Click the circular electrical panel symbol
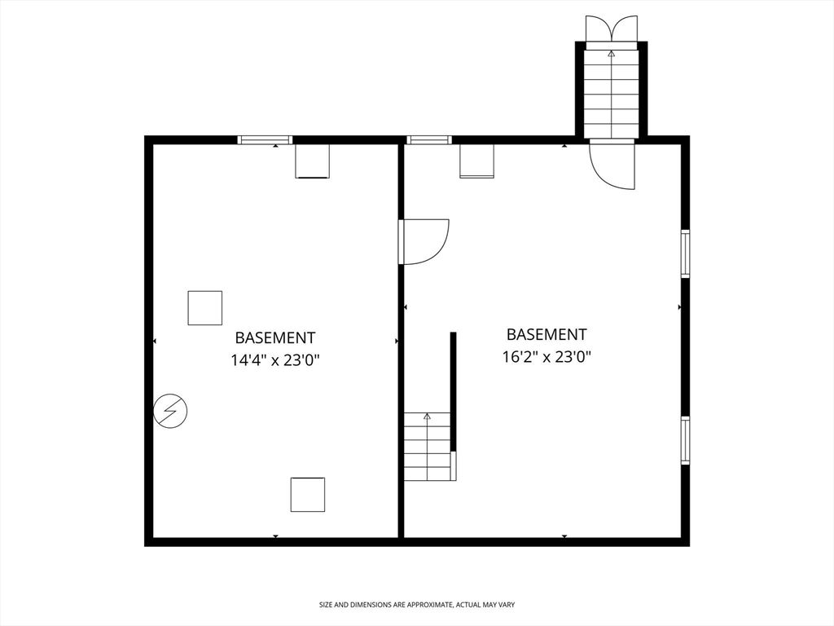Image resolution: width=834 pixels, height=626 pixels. (170, 411)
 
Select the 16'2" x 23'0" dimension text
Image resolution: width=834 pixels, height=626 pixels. (546, 356)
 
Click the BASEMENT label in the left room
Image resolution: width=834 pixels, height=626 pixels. (275, 337)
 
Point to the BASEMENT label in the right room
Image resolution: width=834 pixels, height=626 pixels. (546, 334)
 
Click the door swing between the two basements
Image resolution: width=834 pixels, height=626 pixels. (424, 241)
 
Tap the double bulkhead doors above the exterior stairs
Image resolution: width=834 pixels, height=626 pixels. (612, 28)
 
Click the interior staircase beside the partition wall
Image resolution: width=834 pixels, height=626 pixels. (428, 447)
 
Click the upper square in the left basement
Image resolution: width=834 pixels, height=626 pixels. (205, 308)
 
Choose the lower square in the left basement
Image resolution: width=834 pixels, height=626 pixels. (308, 495)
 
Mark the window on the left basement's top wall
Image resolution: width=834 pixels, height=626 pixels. (265, 140)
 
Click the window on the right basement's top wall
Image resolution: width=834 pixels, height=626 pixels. (429, 140)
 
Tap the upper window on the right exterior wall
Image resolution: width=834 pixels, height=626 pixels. (685, 253)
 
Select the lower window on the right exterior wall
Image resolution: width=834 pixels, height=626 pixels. (685, 440)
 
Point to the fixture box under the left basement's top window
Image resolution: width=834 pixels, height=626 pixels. (312, 161)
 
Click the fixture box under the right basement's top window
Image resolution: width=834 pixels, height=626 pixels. (476, 161)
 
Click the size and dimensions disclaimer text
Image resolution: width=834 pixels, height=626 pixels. (416, 605)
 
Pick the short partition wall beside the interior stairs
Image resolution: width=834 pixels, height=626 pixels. (454, 391)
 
